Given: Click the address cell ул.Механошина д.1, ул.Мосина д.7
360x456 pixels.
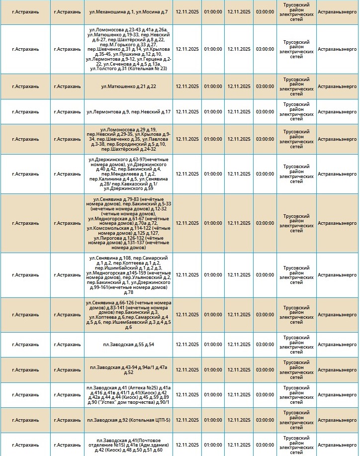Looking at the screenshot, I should pyautogui.click(x=128, y=11).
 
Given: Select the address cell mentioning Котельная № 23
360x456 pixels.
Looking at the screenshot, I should pyautogui.click(x=128, y=49).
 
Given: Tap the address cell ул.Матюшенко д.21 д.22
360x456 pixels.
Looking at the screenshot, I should pyautogui.click(x=128, y=87).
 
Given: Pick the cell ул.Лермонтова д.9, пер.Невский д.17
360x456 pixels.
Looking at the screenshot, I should pyautogui.click(x=128, y=112).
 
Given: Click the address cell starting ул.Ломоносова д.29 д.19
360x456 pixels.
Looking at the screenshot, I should pyautogui.click(x=128, y=139).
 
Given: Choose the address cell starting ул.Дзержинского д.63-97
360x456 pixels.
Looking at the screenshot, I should pyautogui.click(x=128, y=174).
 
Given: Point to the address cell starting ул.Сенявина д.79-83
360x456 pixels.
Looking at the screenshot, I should pyautogui.click(x=128, y=223).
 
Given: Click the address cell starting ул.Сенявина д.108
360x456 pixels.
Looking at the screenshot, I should pyautogui.click(x=128, y=275).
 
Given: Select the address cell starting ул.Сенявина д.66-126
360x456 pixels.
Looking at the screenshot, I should pyautogui.click(x=128, y=315).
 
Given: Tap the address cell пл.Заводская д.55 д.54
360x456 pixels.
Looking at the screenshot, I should pyautogui.click(x=128, y=345).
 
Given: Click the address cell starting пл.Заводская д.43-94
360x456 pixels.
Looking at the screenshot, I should pyautogui.click(x=128, y=369).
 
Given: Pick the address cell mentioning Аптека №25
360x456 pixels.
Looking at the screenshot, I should pyautogui.click(x=128, y=395).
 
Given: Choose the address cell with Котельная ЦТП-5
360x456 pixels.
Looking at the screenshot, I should pyautogui.click(x=128, y=420).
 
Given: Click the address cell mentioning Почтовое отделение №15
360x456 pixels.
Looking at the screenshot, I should pyautogui.click(x=128, y=445).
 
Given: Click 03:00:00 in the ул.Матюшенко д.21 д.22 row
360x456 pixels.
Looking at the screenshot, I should pyautogui.click(x=265, y=87).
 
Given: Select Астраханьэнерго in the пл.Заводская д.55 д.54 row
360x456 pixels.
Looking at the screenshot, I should pyautogui.click(x=337, y=345).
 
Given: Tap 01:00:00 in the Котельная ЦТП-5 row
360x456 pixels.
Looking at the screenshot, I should pyautogui.click(x=213, y=420).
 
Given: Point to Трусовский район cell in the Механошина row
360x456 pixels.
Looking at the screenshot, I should pyautogui.click(x=296, y=11).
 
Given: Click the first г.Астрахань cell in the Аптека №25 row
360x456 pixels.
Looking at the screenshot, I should pyautogui.click(x=26, y=395).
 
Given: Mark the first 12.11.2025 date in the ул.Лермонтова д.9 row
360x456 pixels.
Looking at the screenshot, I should pyautogui.click(x=187, y=112).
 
